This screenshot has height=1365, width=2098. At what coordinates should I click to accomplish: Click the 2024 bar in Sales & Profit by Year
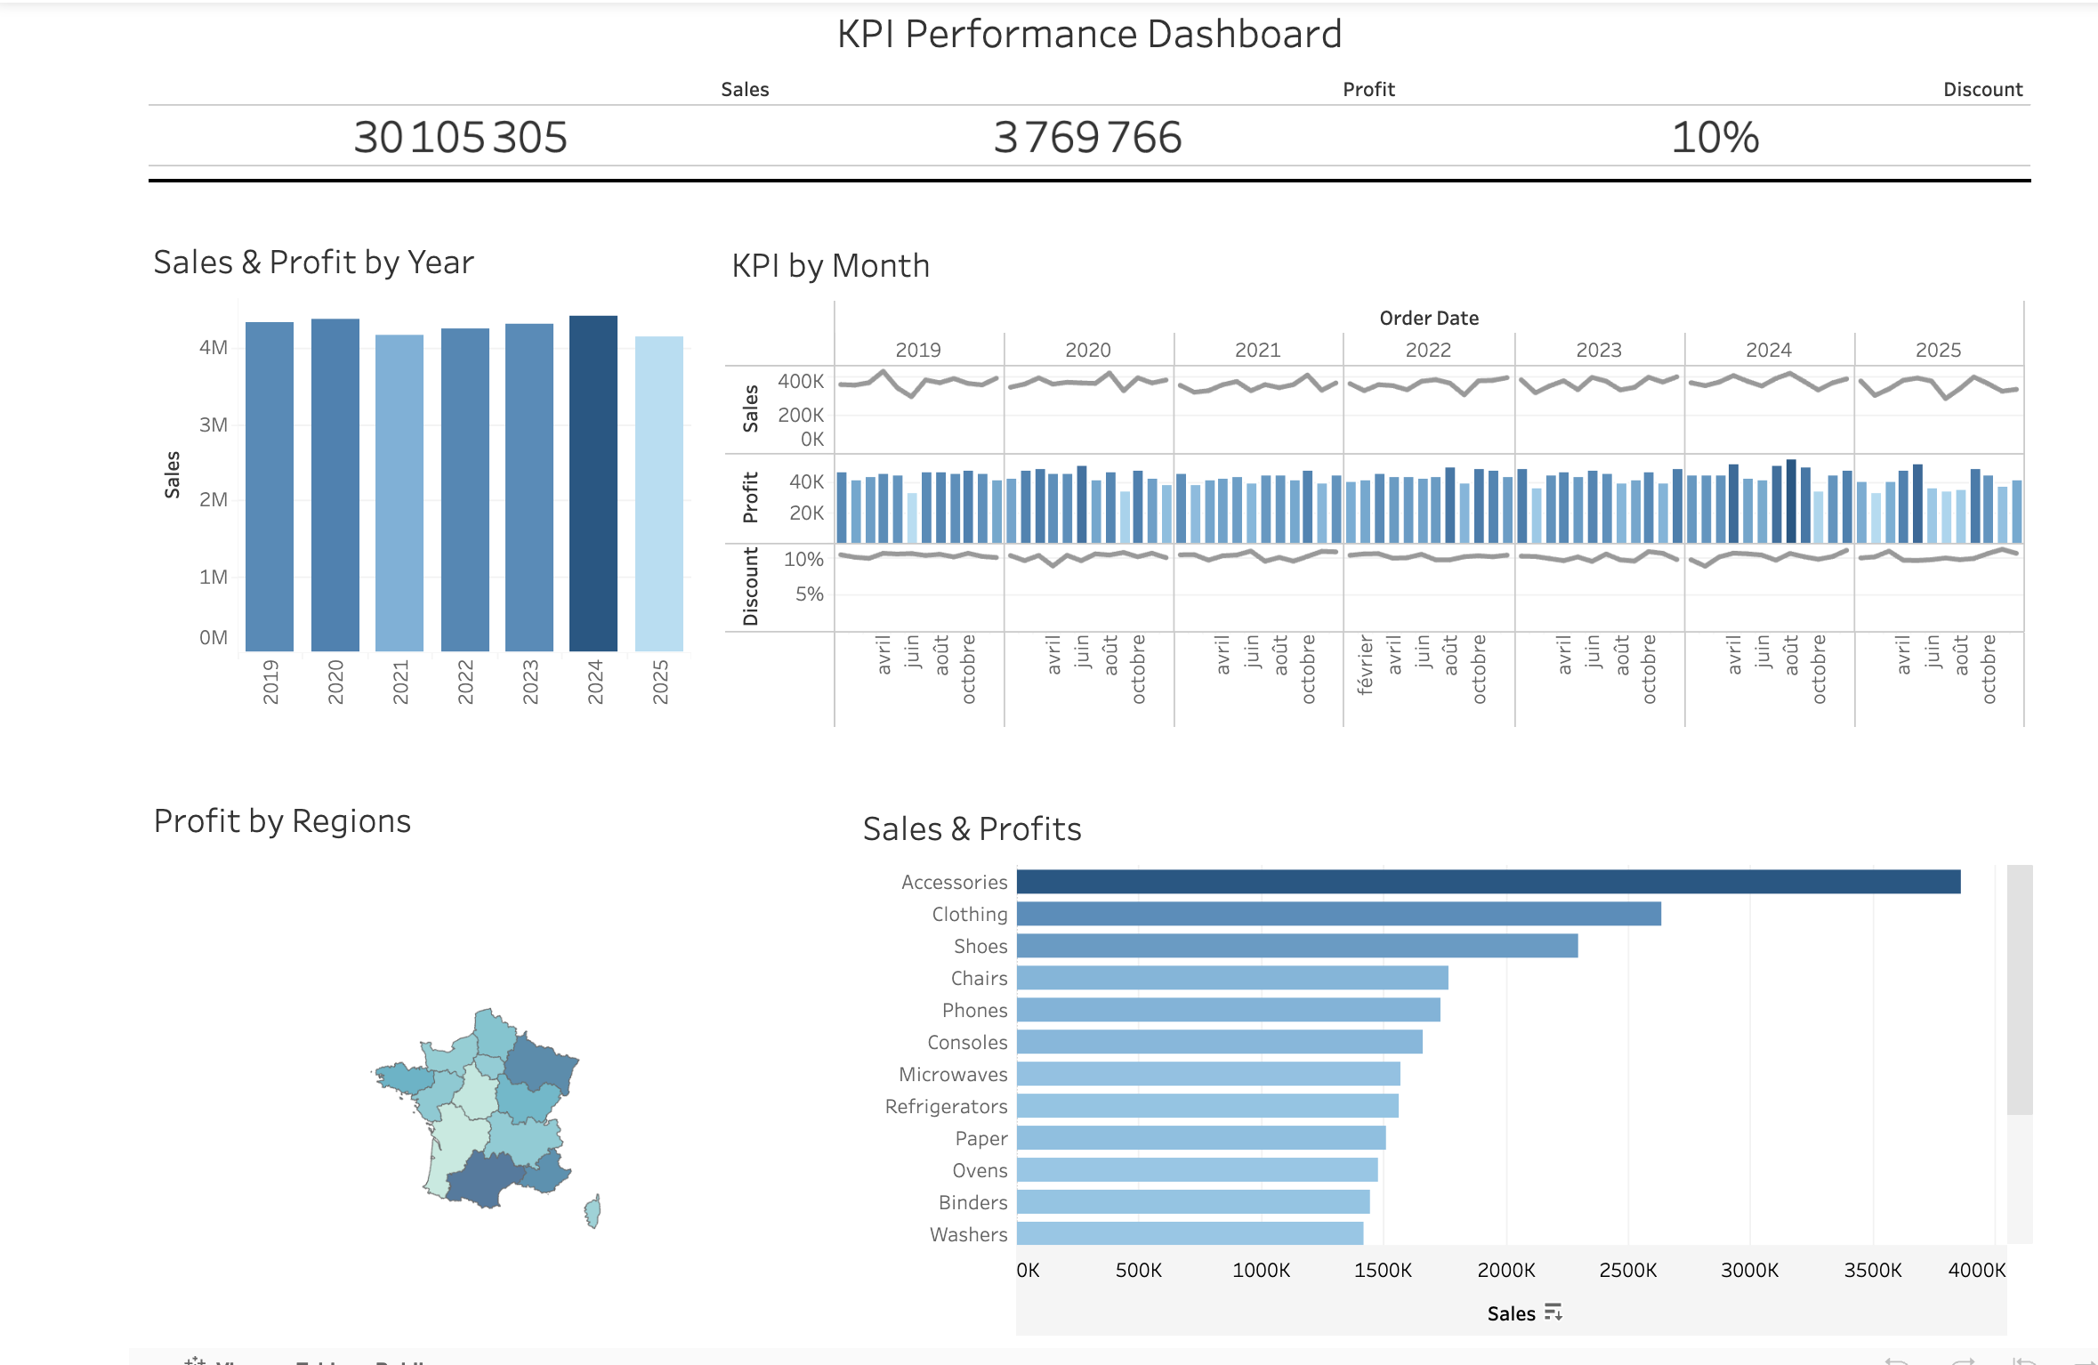pos(593,485)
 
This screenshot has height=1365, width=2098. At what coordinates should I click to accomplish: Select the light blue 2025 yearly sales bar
pos(659,494)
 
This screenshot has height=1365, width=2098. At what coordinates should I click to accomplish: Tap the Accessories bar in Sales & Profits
pos(1488,882)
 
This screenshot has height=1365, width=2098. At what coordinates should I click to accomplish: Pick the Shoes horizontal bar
pos(1296,946)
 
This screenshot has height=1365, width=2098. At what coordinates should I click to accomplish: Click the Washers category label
pos(968,1234)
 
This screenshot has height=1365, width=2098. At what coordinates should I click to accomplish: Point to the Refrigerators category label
pos(946,1106)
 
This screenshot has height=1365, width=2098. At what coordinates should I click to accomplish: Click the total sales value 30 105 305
pos(460,137)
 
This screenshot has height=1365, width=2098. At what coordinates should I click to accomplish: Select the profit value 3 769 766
pos(1087,137)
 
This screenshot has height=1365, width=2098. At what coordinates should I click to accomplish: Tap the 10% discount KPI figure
pos(1715,137)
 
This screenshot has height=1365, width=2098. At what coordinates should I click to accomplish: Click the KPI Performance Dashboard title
pos(1089,35)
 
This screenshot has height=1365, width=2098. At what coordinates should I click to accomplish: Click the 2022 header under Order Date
pos(1428,350)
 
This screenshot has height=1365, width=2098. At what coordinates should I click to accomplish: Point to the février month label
pos(1366,665)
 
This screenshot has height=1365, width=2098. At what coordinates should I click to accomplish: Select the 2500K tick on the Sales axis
pos(1627,1270)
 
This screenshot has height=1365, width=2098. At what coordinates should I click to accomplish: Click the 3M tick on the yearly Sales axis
pos(214,424)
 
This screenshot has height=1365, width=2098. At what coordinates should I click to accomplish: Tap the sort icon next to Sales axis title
pos(1553,1312)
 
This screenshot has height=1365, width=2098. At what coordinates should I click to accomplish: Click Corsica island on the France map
pos(593,1211)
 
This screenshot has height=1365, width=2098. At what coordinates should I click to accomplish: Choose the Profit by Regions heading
pos(282,820)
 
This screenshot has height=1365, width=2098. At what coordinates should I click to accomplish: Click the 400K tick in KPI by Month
pos(801,381)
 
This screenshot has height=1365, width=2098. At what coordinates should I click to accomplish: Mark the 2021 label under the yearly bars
pos(400,682)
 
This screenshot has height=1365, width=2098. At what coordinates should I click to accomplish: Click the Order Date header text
pos(1429,318)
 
